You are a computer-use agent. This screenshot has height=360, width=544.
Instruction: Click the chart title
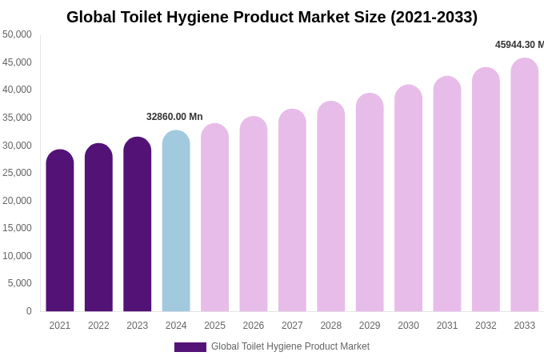[272, 17]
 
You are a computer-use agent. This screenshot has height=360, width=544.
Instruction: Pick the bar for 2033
[525, 185]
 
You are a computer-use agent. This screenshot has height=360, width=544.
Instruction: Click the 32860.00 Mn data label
[174, 117]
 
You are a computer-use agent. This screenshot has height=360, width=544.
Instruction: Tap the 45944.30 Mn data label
[519, 45]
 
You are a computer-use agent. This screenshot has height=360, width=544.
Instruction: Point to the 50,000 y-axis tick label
[18, 34]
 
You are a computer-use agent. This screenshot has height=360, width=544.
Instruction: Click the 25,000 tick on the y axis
[18, 173]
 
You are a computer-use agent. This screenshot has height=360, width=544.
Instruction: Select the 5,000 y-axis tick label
[20, 283]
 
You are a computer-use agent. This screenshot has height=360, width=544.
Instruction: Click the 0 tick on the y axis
[29, 311]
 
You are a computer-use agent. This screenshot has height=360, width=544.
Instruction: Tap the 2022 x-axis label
[98, 326]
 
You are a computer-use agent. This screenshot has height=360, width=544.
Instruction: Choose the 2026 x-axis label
[254, 326]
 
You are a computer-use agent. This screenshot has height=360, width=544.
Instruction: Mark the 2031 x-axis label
[447, 326]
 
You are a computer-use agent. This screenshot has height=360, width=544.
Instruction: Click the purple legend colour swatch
[190, 347]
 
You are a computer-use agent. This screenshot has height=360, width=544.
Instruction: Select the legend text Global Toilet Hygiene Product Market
[290, 346]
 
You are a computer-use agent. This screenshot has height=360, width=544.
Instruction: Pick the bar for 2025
[214, 218]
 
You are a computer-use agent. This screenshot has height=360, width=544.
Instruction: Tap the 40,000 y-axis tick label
[18, 90]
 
